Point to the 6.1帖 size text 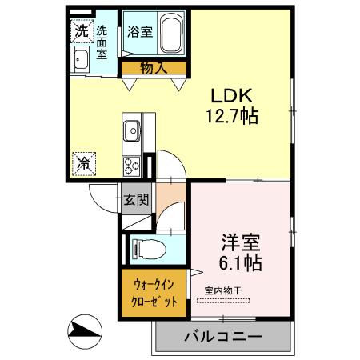(x=238, y=261)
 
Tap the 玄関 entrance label (x=135, y=199)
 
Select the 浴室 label (x=139, y=33)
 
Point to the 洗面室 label (x=102, y=42)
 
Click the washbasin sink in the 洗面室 (x=81, y=61)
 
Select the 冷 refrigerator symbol (x=84, y=162)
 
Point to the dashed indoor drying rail (x=223, y=302)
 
